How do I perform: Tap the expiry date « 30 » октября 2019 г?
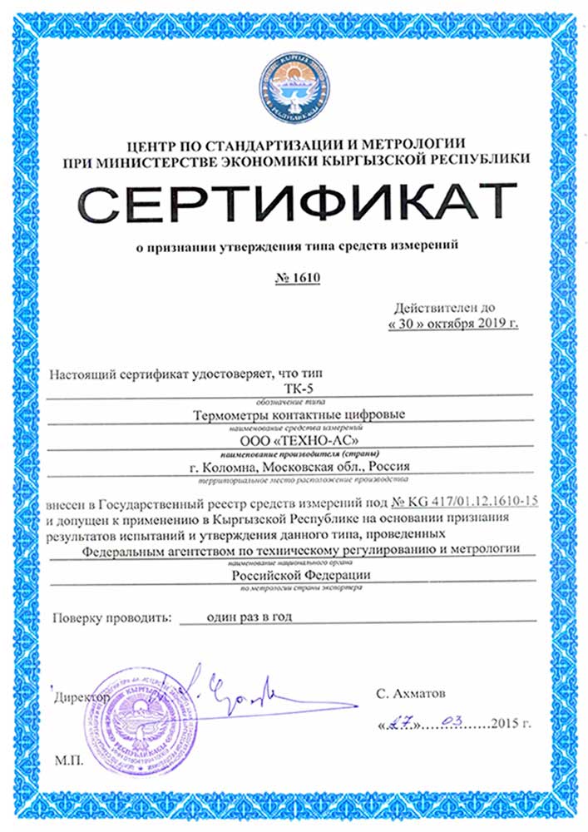453,322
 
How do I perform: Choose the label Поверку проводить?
110,618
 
